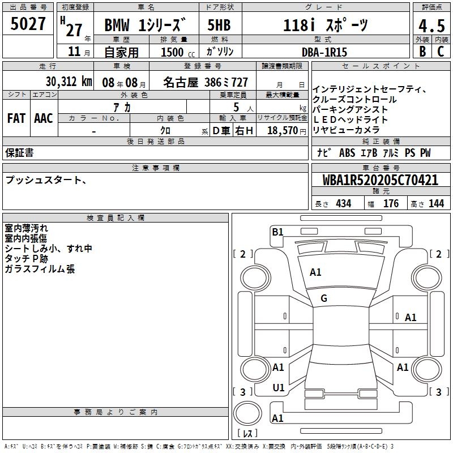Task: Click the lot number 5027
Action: (x=28, y=24)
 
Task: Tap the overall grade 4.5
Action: (x=431, y=25)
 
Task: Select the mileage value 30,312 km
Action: (x=69, y=82)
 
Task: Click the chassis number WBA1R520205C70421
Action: (x=381, y=180)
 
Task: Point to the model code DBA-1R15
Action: (x=324, y=52)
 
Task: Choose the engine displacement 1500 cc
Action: (x=178, y=52)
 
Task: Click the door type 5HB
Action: (x=219, y=25)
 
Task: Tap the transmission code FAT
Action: (x=16, y=118)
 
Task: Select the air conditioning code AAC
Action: (x=44, y=118)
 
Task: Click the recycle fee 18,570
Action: (x=283, y=131)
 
